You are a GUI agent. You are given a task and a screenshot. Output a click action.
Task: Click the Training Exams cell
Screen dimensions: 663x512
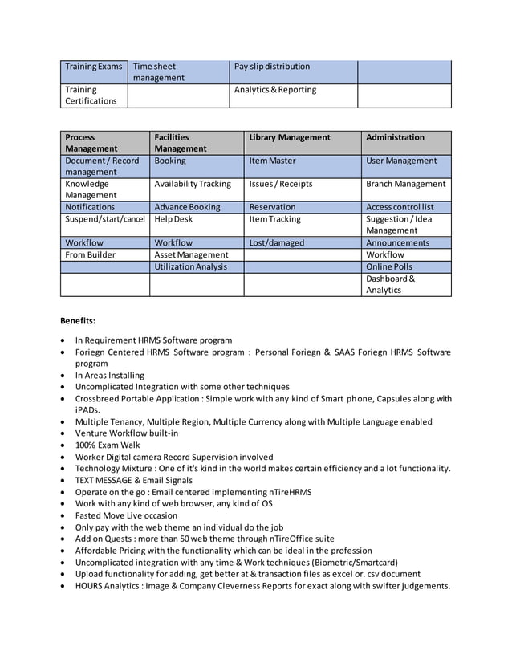click(x=93, y=66)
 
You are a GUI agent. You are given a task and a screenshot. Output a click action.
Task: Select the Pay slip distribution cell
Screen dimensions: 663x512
click(x=271, y=66)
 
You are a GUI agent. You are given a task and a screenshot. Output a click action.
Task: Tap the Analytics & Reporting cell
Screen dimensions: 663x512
click(x=274, y=90)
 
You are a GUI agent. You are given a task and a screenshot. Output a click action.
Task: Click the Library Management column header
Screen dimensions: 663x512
click(x=290, y=137)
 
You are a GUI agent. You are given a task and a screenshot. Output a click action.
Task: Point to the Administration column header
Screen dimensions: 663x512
click(x=395, y=137)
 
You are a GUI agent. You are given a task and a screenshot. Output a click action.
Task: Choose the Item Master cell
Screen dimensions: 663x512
click(x=272, y=161)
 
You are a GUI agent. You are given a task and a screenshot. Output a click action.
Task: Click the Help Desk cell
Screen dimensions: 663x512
click(x=173, y=219)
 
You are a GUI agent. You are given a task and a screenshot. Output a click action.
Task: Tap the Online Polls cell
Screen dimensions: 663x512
click(x=388, y=266)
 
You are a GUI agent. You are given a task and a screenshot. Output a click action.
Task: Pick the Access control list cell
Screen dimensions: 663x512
click(x=399, y=207)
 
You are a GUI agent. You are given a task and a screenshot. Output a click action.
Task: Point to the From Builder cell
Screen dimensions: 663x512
click(x=91, y=254)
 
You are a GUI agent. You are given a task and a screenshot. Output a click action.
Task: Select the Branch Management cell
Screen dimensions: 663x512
click(x=405, y=184)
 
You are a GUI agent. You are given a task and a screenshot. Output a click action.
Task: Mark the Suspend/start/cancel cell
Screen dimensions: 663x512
click(x=105, y=219)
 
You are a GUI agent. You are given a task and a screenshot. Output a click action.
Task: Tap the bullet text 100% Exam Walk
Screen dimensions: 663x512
click(x=108, y=445)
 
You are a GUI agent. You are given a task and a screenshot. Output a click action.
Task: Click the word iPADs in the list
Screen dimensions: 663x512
click(x=87, y=409)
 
